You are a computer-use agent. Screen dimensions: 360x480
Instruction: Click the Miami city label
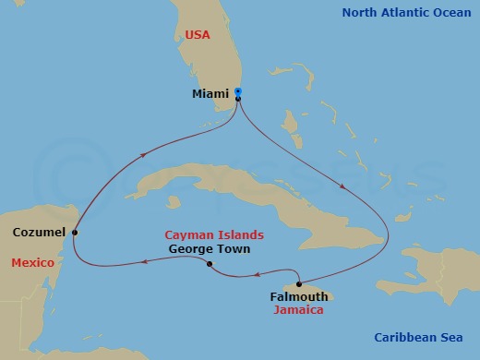(210, 93)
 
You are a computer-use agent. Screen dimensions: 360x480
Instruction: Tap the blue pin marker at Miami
(238, 91)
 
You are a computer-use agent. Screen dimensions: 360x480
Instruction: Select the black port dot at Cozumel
(75, 233)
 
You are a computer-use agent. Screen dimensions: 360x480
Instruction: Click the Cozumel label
(39, 233)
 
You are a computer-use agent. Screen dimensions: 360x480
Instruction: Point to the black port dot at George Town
(210, 265)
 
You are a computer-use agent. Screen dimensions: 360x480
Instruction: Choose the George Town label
(210, 249)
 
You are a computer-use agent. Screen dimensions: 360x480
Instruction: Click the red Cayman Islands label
(214, 235)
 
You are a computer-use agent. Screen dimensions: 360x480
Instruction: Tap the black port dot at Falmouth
(298, 283)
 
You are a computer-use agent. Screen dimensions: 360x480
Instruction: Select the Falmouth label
(297, 297)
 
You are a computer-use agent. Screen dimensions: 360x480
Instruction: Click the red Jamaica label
(298, 310)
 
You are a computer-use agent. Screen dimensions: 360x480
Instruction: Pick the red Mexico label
(31, 263)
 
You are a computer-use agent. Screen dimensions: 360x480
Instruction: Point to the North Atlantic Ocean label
(406, 13)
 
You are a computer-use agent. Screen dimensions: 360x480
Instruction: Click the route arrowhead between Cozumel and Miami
(144, 156)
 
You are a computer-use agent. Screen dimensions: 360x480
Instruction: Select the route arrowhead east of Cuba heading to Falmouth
(343, 187)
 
